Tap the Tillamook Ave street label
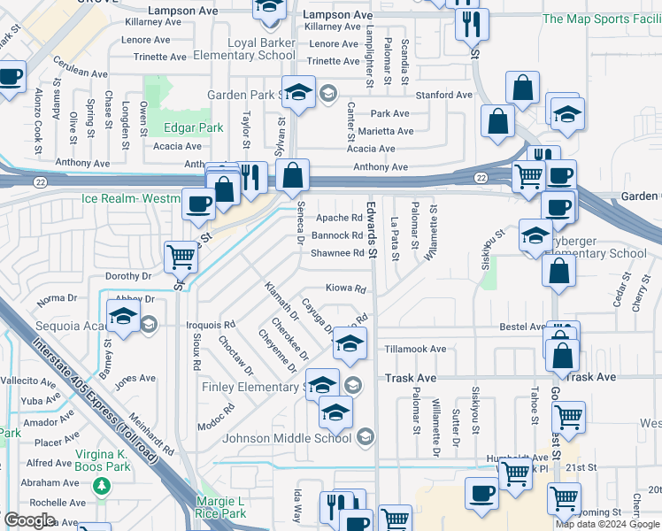(x=415, y=350)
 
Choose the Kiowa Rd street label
(x=345, y=289)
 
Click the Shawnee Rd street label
(x=337, y=253)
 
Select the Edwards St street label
(x=373, y=229)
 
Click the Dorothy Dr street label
(x=129, y=276)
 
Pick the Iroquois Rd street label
(x=216, y=325)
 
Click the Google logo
(x=29, y=520)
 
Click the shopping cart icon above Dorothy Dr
(x=181, y=257)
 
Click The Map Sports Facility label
(x=602, y=19)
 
